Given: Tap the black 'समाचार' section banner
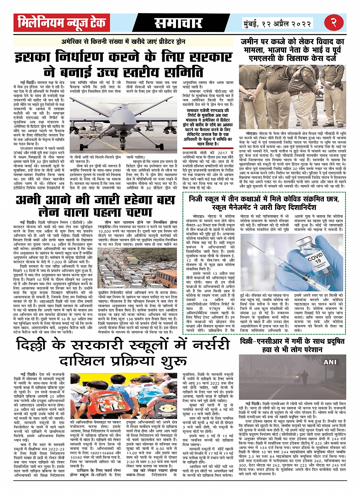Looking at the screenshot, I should (x=178, y=23).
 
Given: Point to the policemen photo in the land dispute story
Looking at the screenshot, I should (x=292, y=97).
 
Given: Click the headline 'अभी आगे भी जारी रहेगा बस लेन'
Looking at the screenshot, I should (x=95, y=206).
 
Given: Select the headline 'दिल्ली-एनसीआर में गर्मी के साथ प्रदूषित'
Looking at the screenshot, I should (x=292, y=345).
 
